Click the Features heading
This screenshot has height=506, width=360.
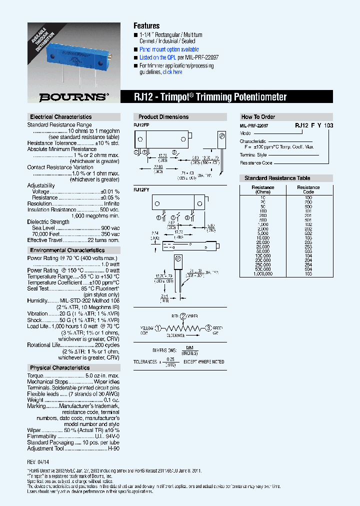click(x=146, y=25)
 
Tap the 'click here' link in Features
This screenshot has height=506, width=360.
click(x=172, y=72)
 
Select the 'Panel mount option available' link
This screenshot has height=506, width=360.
click(x=169, y=49)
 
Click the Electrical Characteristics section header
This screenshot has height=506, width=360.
click(x=60, y=117)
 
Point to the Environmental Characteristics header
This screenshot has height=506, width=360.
click(x=67, y=250)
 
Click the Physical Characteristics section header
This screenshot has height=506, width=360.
click(x=59, y=367)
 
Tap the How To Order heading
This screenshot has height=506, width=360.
click(x=258, y=117)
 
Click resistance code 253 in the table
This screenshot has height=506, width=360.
click(x=308, y=247)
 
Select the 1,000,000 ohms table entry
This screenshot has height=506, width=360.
click(x=263, y=273)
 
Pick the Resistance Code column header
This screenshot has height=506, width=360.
click(x=308, y=189)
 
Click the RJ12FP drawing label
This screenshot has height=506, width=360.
click(x=141, y=124)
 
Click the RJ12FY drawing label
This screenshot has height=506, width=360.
click(x=141, y=190)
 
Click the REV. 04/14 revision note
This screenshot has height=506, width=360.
click(x=38, y=462)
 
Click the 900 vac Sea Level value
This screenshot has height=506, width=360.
click(x=110, y=228)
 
